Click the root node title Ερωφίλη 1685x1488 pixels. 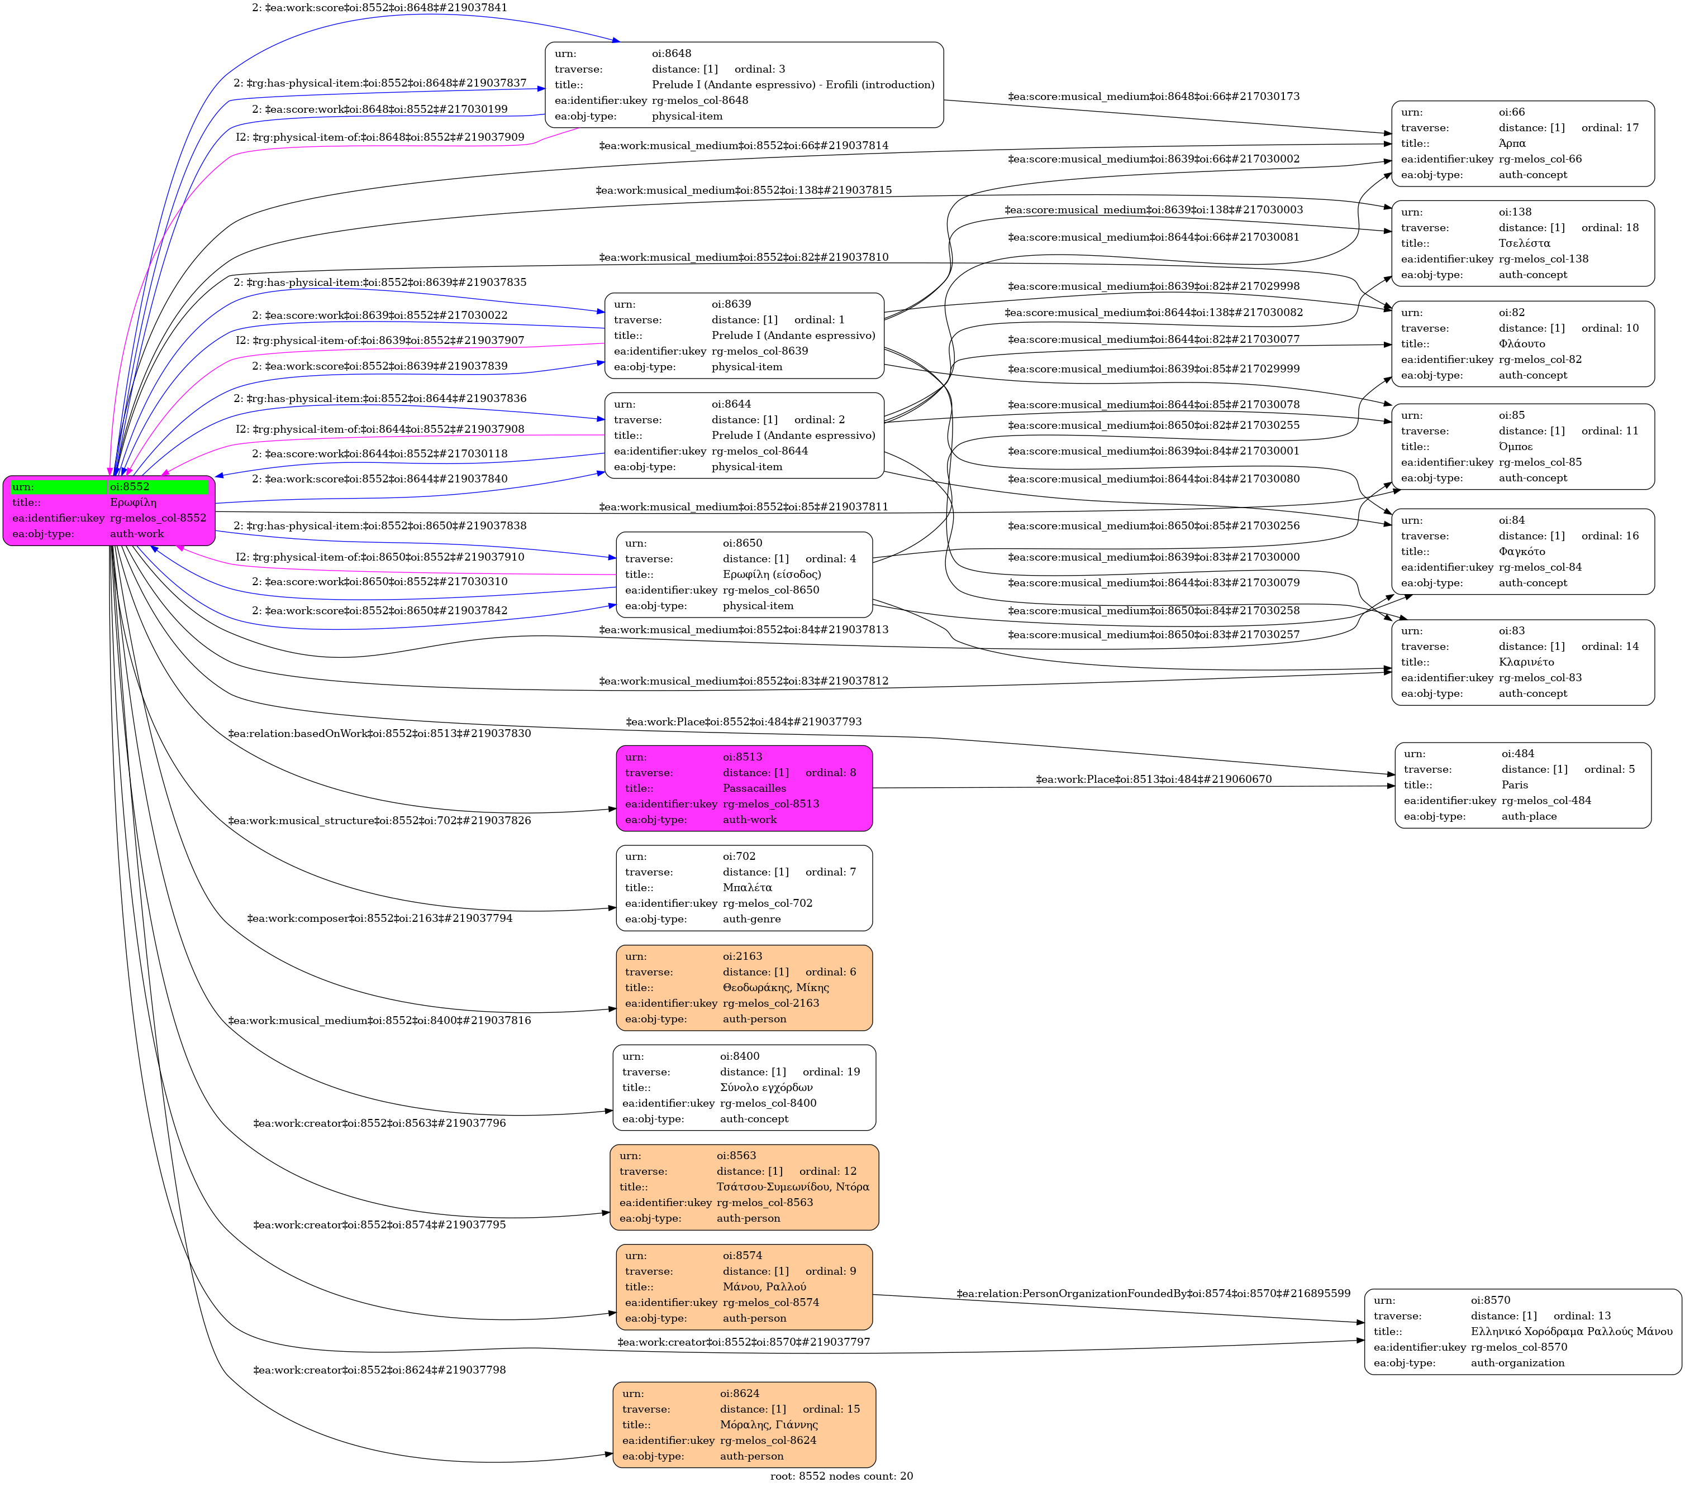133,502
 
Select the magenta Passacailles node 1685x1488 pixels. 744,788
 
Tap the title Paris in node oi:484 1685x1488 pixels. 1515,784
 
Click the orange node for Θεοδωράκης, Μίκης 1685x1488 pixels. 744,987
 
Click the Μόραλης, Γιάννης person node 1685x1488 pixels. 744,1424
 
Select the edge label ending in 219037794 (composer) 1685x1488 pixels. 379,918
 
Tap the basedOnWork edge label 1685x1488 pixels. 379,733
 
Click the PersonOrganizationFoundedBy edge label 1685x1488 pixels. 1153,1293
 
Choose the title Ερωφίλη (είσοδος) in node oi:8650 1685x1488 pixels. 771,575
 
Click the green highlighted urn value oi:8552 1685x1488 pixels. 156,486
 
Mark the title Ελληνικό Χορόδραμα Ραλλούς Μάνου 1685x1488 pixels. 1571,1331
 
